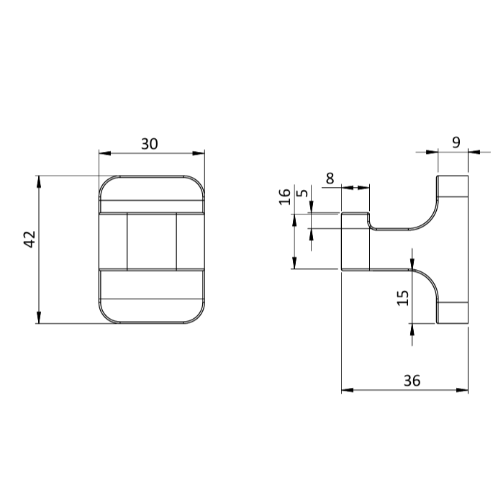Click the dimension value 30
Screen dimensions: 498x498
coord(149,144)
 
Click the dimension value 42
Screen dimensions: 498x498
coord(30,239)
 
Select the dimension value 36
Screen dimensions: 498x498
coord(412,381)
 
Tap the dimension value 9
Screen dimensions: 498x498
coord(456,142)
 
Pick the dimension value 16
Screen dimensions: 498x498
coord(285,196)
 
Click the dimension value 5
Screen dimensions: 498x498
coord(302,193)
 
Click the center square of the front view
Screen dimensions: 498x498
coord(151,242)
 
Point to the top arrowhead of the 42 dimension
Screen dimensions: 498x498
coord(39,180)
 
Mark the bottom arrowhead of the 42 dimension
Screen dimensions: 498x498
coord(39,319)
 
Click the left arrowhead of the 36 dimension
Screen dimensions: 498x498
coord(346,390)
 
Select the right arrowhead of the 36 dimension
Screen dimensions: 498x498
coord(463,390)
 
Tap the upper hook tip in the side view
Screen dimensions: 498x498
coord(453,186)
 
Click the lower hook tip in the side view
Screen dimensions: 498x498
coord(453,313)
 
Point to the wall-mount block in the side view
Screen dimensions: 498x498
coord(356,241)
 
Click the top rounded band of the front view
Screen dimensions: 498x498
coord(151,194)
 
